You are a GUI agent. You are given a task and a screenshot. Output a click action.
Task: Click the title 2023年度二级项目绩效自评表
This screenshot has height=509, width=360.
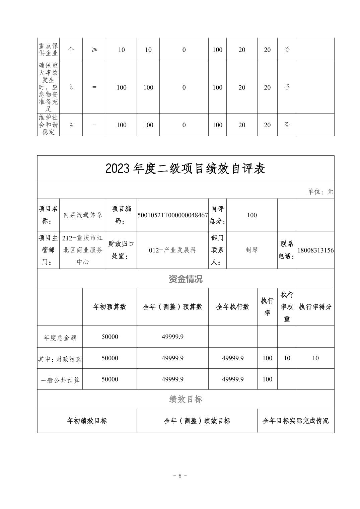[185, 169]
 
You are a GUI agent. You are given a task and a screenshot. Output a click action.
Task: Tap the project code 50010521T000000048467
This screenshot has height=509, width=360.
[172, 215]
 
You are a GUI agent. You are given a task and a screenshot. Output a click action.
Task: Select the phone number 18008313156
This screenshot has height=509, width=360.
[315, 250]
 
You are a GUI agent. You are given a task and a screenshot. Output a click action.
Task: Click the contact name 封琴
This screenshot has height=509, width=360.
[252, 250]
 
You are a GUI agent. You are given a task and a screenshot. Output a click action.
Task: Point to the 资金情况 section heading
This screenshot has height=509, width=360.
[185, 279]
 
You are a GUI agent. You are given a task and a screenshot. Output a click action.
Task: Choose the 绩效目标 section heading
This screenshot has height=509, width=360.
[185, 399]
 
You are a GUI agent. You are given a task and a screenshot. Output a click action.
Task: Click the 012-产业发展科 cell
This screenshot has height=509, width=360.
[172, 250]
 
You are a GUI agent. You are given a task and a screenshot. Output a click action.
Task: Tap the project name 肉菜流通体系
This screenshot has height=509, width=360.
[83, 215]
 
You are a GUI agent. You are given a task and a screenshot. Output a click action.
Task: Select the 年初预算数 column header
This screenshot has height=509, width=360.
[110, 307]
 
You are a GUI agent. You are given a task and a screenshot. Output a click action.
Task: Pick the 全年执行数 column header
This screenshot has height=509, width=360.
[233, 307]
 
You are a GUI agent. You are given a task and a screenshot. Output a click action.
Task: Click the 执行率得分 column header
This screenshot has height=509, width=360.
[315, 307]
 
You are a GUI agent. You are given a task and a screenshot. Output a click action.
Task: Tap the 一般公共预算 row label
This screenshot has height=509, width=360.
[60, 380]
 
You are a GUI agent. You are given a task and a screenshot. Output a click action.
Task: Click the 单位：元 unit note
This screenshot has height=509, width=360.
[320, 192]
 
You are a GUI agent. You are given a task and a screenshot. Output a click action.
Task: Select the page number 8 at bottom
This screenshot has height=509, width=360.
[180, 476]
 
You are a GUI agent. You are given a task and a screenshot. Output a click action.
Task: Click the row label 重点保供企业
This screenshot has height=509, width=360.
[49, 50]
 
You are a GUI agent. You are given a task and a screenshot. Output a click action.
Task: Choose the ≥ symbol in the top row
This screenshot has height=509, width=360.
[94, 50]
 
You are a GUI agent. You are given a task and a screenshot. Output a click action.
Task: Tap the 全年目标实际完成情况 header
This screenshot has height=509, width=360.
[295, 421]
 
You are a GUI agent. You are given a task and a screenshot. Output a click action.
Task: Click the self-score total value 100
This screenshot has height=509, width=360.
[252, 215]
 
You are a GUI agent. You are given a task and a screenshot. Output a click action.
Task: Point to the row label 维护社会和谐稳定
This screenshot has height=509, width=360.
[49, 125]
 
